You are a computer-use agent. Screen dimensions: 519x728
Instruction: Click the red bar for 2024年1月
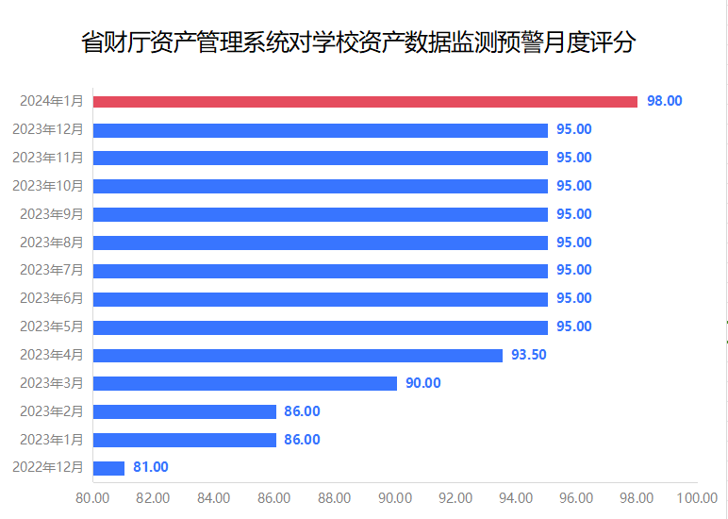365,101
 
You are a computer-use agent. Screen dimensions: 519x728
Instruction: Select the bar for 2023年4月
298,356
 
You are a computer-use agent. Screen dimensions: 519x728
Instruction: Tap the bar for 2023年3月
245,383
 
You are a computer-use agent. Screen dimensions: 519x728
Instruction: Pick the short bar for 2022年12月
109,468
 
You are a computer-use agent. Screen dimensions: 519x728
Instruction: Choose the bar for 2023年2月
185,411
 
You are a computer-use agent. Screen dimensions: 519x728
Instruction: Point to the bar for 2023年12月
321,129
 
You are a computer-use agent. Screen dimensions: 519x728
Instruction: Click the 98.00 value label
664,101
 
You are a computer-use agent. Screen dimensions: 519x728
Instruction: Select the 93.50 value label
529,355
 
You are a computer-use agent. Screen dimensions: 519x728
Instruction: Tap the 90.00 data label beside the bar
423,383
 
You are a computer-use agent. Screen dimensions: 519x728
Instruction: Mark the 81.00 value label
151,468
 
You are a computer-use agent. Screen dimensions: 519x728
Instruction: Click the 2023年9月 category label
52,214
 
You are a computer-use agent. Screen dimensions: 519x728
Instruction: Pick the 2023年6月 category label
52,298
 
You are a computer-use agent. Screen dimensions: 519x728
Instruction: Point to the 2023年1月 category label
52,440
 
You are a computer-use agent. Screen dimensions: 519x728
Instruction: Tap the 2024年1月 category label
52,101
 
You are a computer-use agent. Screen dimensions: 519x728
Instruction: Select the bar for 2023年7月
321,271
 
